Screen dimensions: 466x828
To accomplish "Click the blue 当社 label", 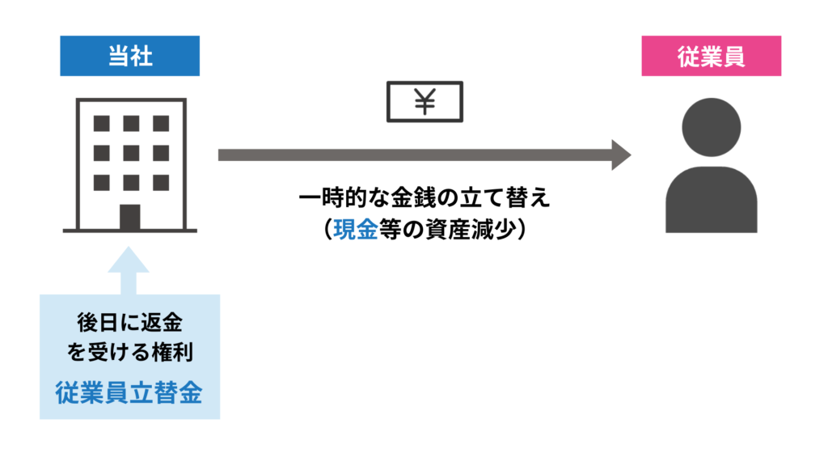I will [x=129, y=56].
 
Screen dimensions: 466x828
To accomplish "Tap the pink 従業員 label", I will [x=711, y=56].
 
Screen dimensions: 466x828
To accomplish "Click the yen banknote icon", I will [x=425, y=101].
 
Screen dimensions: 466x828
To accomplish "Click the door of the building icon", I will [x=129, y=217].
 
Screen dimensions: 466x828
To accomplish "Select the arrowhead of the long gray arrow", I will [x=621, y=155].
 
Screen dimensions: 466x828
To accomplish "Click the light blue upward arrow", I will [x=129, y=271].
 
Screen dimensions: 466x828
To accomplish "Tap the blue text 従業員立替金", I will [x=129, y=392].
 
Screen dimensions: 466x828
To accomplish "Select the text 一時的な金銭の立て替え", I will [x=425, y=200].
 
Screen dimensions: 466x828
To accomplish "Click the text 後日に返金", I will [x=129, y=324].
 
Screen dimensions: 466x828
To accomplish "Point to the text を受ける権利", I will [x=129, y=354].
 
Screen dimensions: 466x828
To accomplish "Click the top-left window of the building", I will [x=101, y=124].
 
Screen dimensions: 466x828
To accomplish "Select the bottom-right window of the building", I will [x=160, y=181].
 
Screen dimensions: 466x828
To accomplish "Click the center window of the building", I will [x=130, y=153].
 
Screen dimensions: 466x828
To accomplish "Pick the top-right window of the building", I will [x=160, y=124].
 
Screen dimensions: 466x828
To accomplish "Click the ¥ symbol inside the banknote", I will [x=425, y=101].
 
